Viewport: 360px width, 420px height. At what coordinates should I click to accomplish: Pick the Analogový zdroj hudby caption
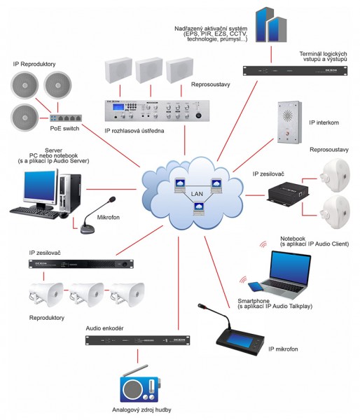[x=134, y=410]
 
